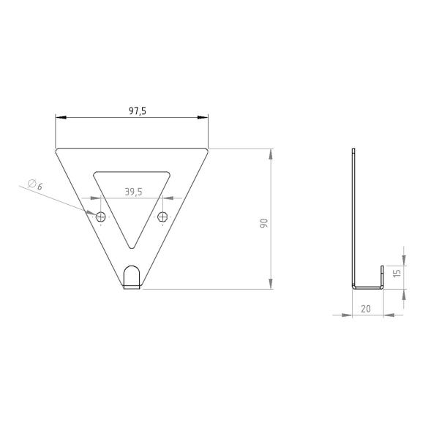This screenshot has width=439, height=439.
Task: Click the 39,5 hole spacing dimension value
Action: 132,192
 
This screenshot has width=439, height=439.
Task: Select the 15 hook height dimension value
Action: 397,272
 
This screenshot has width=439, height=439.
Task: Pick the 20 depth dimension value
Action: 366,309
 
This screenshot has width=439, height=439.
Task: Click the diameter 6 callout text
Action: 34,186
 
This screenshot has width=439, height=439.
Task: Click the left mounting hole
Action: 100,217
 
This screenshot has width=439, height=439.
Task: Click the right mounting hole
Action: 162,217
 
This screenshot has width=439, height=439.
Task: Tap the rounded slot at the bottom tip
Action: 132,277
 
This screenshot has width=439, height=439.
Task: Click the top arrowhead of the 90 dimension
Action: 271,154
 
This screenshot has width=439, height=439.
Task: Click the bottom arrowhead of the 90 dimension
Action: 271,284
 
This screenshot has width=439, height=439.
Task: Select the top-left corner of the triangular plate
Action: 57,150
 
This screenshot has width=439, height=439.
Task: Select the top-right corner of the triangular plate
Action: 208,150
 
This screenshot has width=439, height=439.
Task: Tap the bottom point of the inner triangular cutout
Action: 132,247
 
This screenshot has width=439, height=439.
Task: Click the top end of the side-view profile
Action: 353,151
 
